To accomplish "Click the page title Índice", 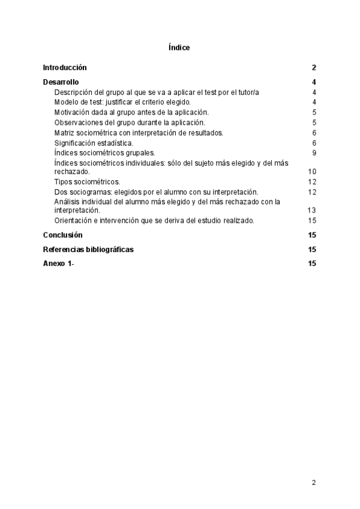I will (179, 47).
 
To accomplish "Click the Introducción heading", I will (65, 68).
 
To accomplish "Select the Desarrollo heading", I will (61, 82).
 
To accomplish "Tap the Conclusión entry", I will (63, 235).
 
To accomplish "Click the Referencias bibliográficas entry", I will (88, 250).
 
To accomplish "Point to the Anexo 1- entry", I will (58, 264).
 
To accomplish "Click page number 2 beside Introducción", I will (314, 68).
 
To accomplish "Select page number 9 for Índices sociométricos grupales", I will (314, 153).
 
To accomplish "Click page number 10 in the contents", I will (312, 172).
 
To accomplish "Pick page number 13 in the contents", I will (312, 211).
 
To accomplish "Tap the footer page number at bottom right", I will (314, 482).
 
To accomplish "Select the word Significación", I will (74, 143).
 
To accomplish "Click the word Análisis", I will (66, 202).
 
